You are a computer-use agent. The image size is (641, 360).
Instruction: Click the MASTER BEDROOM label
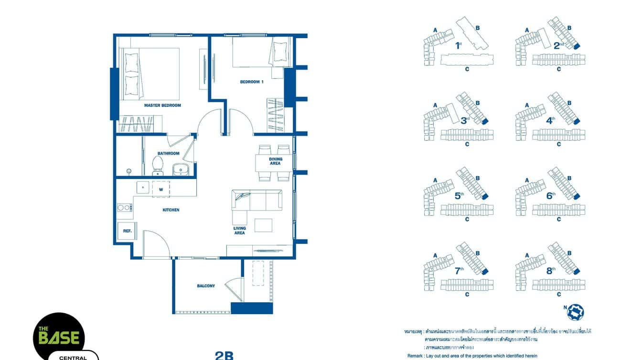click(x=162, y=106)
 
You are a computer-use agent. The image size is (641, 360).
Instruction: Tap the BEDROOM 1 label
click(x=252, y=82)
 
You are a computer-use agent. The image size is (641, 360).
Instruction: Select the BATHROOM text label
click(x=168, y=153)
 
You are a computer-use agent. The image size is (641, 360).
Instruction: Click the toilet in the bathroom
click(x=157, y=166)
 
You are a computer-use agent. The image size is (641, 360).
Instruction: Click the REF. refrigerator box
click(x=127, y=231)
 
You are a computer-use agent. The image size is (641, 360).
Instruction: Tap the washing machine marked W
click(x=161, y=188)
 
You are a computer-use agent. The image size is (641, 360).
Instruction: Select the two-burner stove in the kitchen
click(x=124, y=207)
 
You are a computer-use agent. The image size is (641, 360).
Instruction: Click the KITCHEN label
click(x=171, y=210)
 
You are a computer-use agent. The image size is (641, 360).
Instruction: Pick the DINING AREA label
click(x=275, y=161)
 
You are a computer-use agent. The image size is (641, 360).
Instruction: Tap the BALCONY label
click(x=206, y=286)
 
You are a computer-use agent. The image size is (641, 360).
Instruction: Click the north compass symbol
click(x=576, y=311)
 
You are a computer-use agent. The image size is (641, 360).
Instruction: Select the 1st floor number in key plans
click(x=458, y=46)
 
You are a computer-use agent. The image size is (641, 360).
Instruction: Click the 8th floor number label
click(x=551, y=270)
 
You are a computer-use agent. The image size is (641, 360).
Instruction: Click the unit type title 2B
click(x=224, y=355)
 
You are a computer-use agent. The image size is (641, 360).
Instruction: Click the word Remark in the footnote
click(x=415, y=356)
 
